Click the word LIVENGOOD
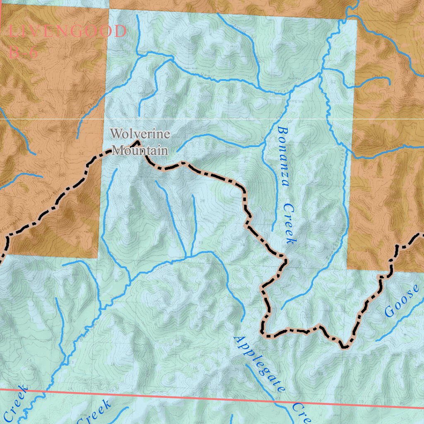[x=67, y=32]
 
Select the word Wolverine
[x=140, y=134]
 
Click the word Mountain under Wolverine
[x=140, y=150]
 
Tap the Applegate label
[x=259, y=364]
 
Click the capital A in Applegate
[x=238, y=340]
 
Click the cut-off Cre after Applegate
[x=302, y=412]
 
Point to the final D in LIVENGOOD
[x=120, y=32]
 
